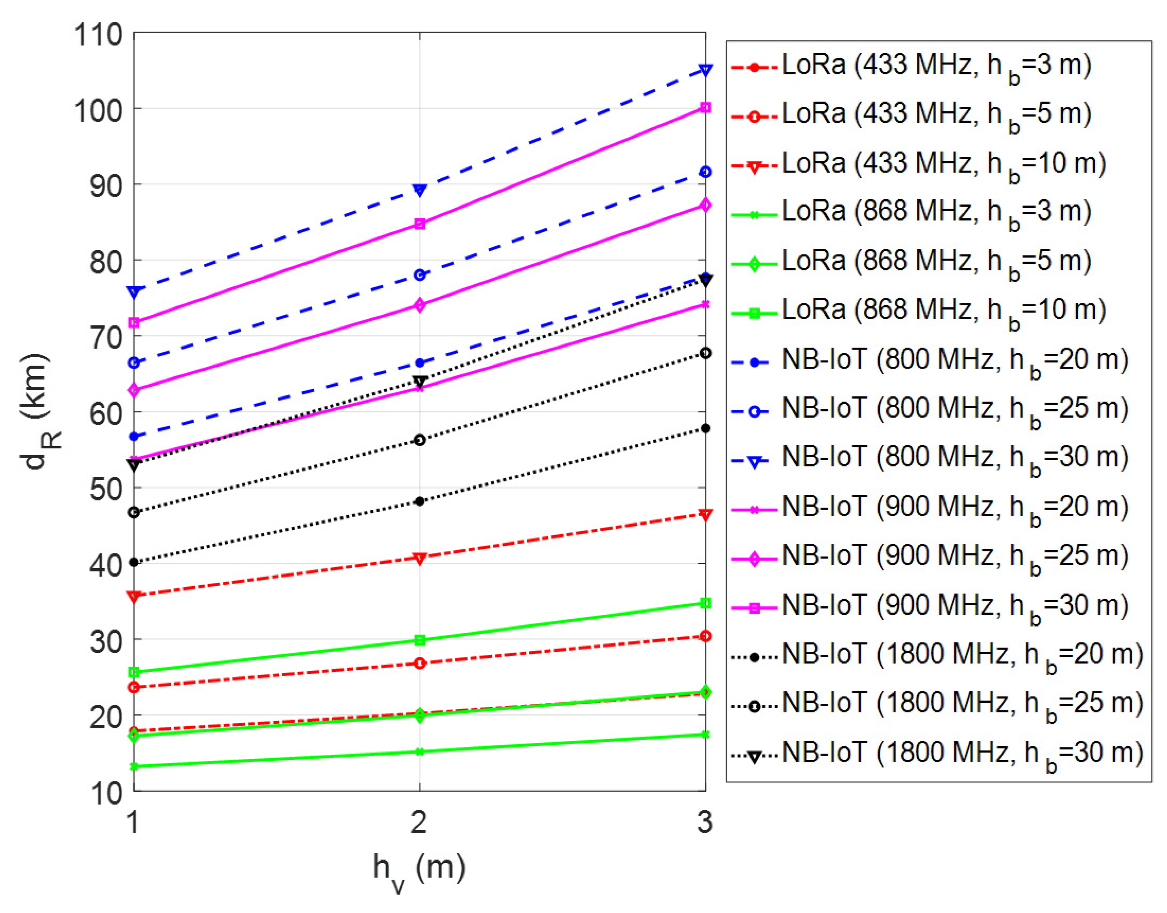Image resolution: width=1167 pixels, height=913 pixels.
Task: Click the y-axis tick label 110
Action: click(x=98, y=36)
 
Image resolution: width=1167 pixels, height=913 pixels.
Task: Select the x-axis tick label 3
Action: click(x=705, y=822)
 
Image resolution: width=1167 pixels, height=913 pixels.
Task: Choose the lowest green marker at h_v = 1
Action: click(x=134, y=766)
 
